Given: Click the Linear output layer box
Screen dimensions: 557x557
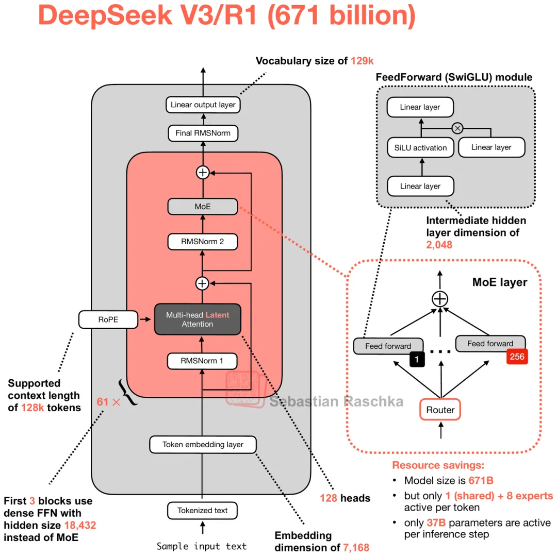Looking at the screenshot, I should click(x=203, y=105).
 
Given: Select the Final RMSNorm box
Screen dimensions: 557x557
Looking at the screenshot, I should click(x=203, y=133).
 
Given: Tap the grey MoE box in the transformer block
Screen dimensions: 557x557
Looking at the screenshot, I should click(x=203, y=207).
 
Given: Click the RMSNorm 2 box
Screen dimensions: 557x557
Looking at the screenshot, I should click(x=203, y=241).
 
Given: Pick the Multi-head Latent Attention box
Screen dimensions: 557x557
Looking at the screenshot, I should click(x=198, y=319).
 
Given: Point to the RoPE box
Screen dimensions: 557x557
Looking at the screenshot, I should click(x=108, y=319).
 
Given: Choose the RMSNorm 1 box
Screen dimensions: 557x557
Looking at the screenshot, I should click(x=203, y=361).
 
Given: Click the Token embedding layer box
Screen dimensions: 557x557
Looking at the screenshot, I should click(x=203, y=444).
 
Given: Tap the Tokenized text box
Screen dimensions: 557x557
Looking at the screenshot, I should click(x=203, y=511).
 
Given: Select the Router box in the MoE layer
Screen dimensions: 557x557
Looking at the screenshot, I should click(x=440, y=410).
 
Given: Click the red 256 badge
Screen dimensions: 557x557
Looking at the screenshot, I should click(x=516, y=356).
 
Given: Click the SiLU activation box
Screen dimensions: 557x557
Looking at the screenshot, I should click(x=420, y=148).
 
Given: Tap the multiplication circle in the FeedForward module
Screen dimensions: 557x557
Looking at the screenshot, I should click(x=456, y=128).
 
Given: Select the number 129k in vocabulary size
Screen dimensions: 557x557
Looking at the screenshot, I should click(x=362, y=61).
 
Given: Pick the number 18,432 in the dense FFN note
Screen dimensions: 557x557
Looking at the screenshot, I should click(x=80, y=525).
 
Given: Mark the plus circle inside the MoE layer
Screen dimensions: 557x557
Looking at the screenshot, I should click(x=440, y=298).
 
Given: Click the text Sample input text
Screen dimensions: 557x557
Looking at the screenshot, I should click(x=202, y=546).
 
